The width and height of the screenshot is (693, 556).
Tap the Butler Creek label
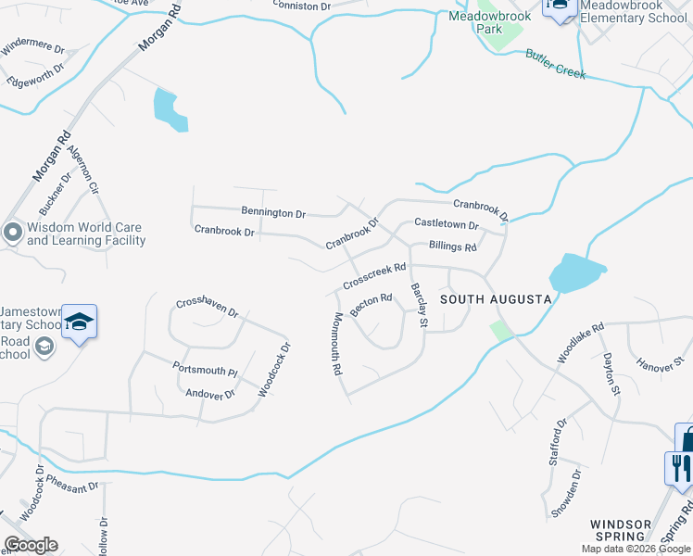(x=556, y=65)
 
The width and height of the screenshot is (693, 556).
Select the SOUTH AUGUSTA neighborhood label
(x=496, y=299)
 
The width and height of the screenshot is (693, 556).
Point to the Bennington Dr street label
(x=273, y=214)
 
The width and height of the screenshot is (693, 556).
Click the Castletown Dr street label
(x=446, y=224)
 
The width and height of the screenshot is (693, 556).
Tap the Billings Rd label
(x=452, y=247)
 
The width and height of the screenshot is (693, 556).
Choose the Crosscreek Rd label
(x=374, y=274)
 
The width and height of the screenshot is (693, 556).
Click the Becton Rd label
(x=372, y=302)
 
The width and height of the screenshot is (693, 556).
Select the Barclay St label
(x=418, y=306)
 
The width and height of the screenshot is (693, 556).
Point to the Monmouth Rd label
(x=337, y=344)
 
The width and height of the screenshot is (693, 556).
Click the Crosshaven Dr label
(x=208, y=308)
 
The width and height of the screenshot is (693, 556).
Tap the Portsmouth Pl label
(x=205, y=369)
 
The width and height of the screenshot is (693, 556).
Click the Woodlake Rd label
(x=580, y=341)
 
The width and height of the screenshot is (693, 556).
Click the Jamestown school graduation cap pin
(x=80, y=322)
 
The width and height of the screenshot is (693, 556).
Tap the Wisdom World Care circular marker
(x=13, y=233)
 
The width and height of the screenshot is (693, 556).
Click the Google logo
(x=31, y=545)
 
